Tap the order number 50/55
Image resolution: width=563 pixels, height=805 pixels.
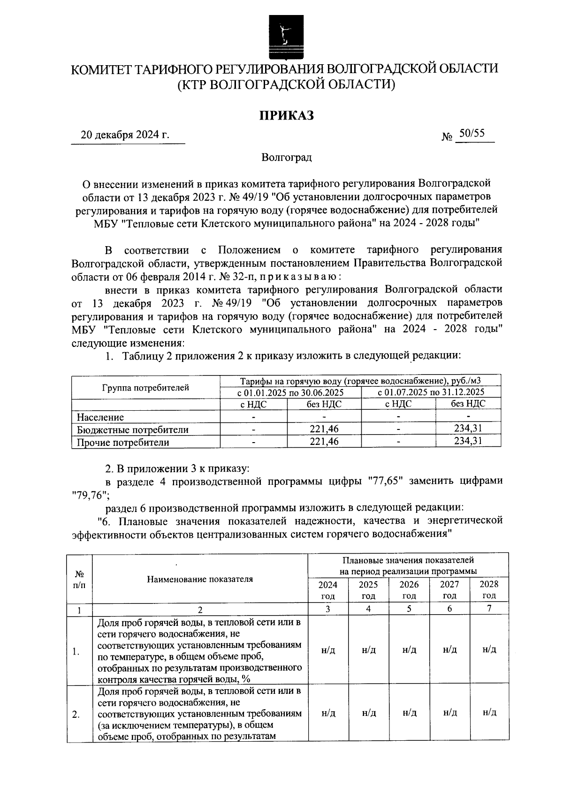tap(472, 133)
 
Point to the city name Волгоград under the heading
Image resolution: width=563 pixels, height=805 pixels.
tap(287, 157)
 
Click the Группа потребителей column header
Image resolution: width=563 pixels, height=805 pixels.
tap(145, 388)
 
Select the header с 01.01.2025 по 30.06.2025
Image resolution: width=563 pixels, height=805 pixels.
tap(290, 392)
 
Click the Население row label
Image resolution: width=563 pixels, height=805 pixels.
tap(101, 417)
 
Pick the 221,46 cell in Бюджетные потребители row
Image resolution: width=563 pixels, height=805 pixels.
tap(324, 429)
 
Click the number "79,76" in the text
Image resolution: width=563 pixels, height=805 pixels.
tap(90, 494)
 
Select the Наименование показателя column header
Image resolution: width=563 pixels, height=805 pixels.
tap(200, 579)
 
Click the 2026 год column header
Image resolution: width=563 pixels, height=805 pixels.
tap(409, 590)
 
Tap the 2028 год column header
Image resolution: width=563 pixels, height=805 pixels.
tap(489, 590)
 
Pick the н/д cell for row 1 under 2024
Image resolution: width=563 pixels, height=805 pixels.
tap(328, 650)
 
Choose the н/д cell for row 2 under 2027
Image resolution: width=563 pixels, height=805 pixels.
tap(449, 713)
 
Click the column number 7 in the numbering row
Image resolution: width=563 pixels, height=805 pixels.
tap(489, 609)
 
